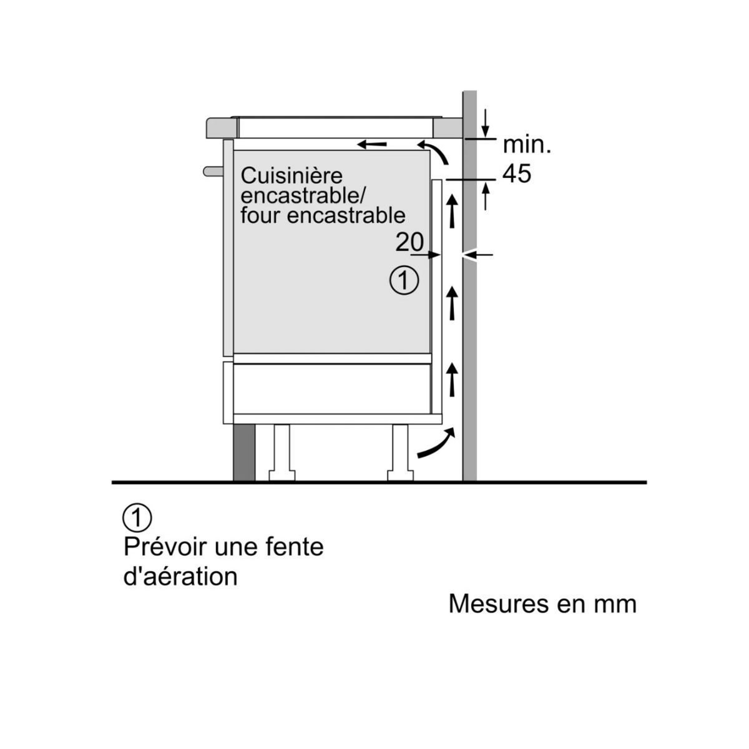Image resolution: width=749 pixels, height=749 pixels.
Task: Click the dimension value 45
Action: click(x=517, y=174)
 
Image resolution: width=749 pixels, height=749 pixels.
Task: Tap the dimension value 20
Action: click(x=409, y=242)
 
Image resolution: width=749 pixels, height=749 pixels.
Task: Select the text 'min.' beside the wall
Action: click(x=527, y=145)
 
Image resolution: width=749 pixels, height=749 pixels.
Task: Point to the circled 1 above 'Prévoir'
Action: click(x=137, y=517)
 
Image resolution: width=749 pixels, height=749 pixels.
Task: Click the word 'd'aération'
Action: click(x=181, y=575)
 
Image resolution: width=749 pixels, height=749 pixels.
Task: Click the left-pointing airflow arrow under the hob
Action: click(x=372, y=145)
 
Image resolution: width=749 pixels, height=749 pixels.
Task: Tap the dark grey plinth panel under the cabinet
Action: click(x=244, y=453)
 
